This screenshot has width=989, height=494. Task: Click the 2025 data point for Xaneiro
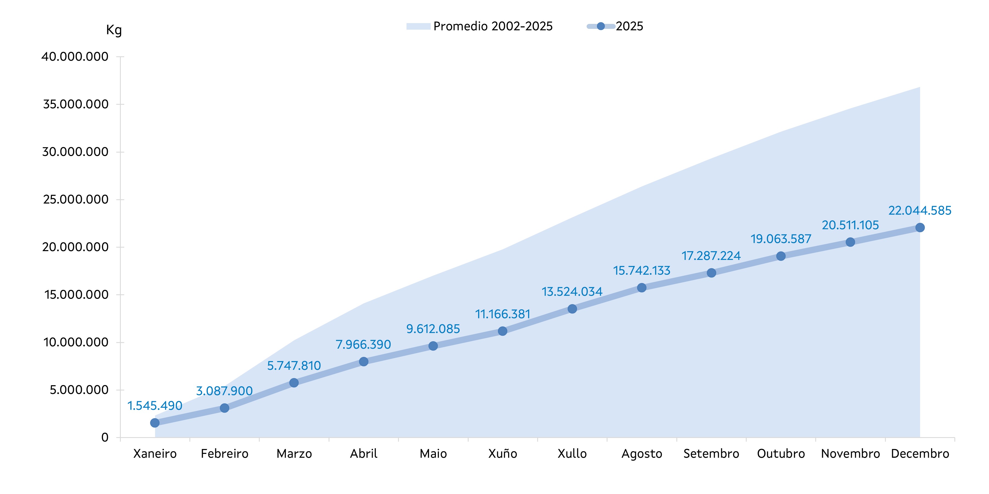click(x=155, y=423)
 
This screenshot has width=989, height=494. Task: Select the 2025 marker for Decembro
click(x=920, y=227)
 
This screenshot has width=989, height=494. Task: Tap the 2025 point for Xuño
click(x=503, y=331)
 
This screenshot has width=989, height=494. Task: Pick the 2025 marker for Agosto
click(x=641, y=288)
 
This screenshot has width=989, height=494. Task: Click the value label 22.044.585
click(x=920, y=211)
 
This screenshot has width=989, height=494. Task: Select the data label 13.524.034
click(x=572, y=292)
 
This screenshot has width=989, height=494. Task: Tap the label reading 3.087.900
click(x=224, y=391)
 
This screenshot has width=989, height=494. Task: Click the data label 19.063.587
click(x=781, y=239)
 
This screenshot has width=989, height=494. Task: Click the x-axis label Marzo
click(x=294, y=454)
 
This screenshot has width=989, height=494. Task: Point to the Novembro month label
click(x=850, y=454)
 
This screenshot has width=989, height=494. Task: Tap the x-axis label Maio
click(x=433, y=454)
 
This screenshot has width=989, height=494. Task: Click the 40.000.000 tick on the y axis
click(x=75, y=57)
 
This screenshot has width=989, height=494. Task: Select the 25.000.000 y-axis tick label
click(x=76, y=199)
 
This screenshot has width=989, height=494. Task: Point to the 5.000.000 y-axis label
click(x=79, y=390)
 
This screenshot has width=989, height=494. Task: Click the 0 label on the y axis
click(x=105, y=437)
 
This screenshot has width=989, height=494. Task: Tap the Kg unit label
click(x=114, y=30)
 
